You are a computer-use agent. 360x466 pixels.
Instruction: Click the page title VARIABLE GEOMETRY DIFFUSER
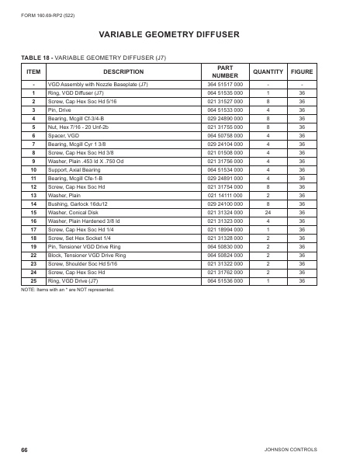[179, 34]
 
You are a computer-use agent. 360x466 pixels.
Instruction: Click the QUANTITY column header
[268, 71]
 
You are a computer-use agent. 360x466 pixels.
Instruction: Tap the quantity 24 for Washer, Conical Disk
[268, 212]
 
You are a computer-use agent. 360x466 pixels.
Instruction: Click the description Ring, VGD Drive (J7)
[74, 280]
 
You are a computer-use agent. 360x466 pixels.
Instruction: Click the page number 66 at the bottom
[25, 450]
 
